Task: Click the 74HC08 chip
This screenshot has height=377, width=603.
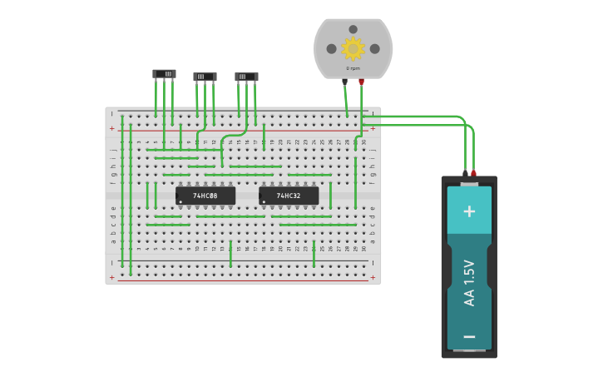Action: point(205,196)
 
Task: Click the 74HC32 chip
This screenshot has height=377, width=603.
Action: point(289,196)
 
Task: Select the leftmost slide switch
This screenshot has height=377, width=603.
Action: point(164,74)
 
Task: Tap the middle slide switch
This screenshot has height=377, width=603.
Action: point(205,77)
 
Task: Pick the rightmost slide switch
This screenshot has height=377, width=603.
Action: point(246,77)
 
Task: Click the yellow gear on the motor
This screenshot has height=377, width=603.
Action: point(353,48)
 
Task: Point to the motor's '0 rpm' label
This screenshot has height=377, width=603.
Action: point(353,68)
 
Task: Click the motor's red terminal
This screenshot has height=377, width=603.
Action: point(361,82)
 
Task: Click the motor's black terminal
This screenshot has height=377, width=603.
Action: point(344,82)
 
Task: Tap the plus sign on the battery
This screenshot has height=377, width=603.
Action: point(469,211)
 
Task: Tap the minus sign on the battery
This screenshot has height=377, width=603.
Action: point(469,336)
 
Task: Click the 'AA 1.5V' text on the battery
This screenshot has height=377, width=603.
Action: point(469,283)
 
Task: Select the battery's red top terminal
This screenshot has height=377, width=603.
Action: point(474,173)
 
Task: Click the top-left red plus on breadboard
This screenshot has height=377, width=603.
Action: point(111,128)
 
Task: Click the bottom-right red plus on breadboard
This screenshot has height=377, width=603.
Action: point(373,277)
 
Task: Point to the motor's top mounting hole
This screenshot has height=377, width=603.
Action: point(353,29)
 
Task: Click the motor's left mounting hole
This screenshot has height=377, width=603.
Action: point(332,48)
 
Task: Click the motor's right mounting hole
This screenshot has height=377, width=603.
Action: point(374,48)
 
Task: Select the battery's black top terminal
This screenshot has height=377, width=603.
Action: point(465,173)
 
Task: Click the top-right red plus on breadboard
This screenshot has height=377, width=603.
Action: point(373,128)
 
